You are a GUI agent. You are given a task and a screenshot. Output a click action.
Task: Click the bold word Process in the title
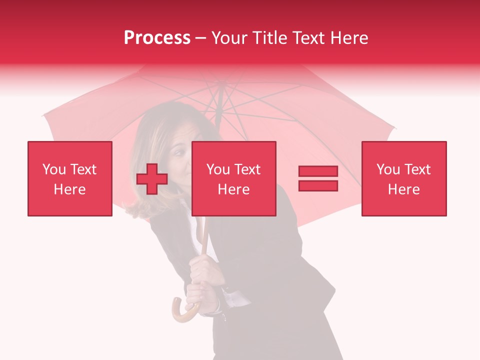(157, 38)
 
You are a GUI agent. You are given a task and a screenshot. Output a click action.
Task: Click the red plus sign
(152, 179)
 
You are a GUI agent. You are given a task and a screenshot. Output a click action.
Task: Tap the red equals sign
(318, 179)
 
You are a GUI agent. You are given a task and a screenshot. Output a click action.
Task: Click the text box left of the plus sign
(70, 178)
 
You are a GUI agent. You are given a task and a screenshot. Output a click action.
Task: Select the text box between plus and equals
(233, 178)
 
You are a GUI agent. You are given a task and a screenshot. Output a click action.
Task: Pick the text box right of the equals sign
(403, 178)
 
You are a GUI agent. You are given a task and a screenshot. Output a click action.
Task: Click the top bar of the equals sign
(318, 171)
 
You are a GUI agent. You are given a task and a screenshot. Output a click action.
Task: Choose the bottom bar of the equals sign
(318, 186)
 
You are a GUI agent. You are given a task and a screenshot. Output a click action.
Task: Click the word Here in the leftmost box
(70, 189)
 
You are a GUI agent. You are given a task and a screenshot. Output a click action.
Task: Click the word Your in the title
(229, 38)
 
